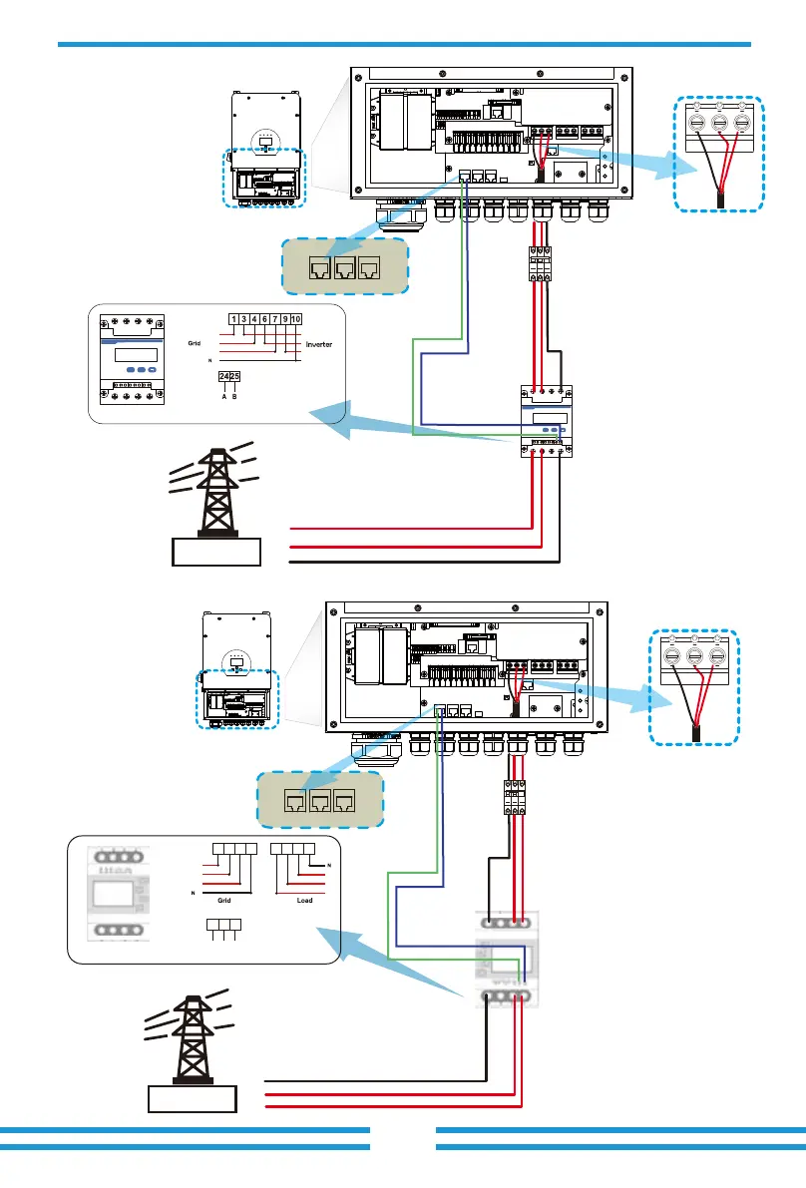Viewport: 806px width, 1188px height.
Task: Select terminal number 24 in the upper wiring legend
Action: point(224,376)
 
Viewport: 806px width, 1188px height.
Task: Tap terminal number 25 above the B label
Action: point(235,376)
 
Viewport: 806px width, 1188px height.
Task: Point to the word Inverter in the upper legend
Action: point(311,345)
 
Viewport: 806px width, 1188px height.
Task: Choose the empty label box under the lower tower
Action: point(193,1101)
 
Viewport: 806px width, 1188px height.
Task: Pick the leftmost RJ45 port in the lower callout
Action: point(294,800)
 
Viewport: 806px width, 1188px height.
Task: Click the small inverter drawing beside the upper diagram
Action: point(265,150)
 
